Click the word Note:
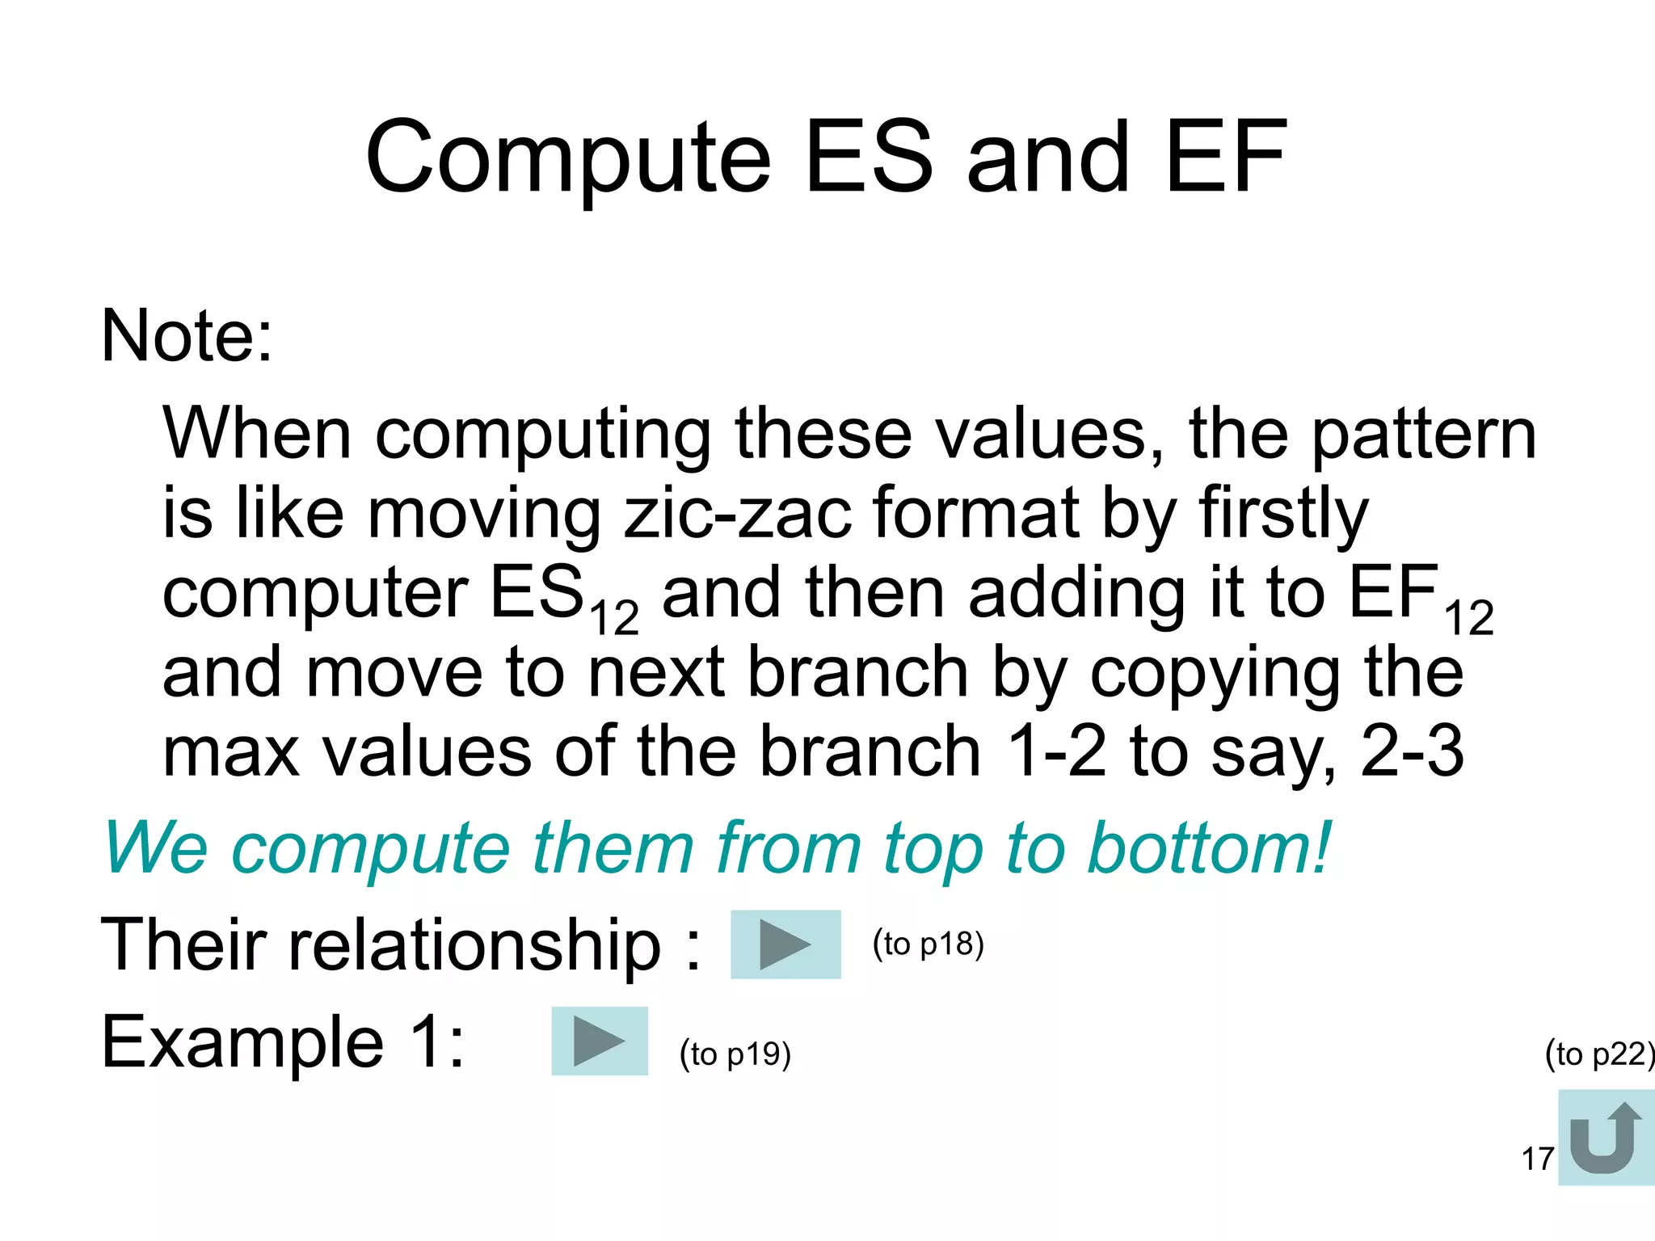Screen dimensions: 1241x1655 [187, 335]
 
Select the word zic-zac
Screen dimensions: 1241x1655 [738, 513]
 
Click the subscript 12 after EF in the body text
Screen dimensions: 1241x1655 [1468, 619]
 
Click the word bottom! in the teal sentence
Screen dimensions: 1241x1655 [1209, 848]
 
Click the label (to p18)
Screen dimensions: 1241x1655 [928, 944]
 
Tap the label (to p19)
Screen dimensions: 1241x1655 [735, 1054]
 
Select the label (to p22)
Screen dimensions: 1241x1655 [1598, 1054]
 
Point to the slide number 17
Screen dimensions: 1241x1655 [1537, 1159]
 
